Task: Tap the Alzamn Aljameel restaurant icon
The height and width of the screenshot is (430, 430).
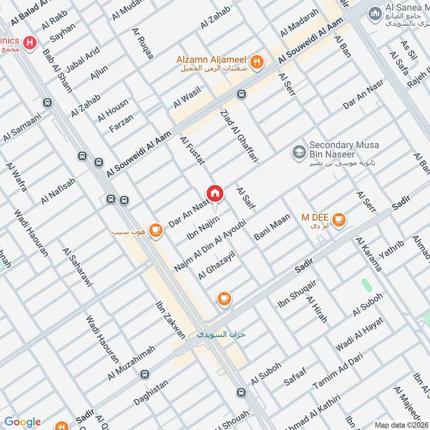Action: point(257,62)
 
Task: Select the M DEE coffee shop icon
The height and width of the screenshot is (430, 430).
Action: point(339,219)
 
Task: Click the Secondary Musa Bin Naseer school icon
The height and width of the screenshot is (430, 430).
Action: point(297,153)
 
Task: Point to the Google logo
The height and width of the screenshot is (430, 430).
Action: point(23,422)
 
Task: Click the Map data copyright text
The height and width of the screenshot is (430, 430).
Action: point(401,425)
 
